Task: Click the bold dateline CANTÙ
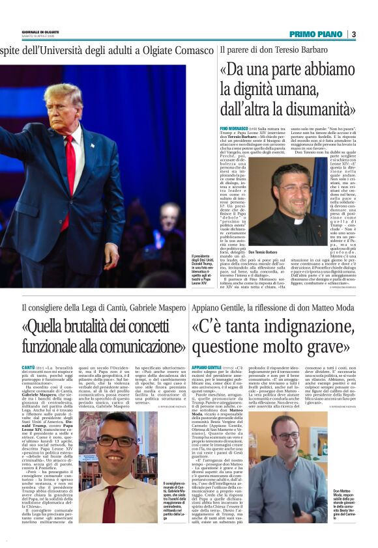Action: point(29,368)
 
